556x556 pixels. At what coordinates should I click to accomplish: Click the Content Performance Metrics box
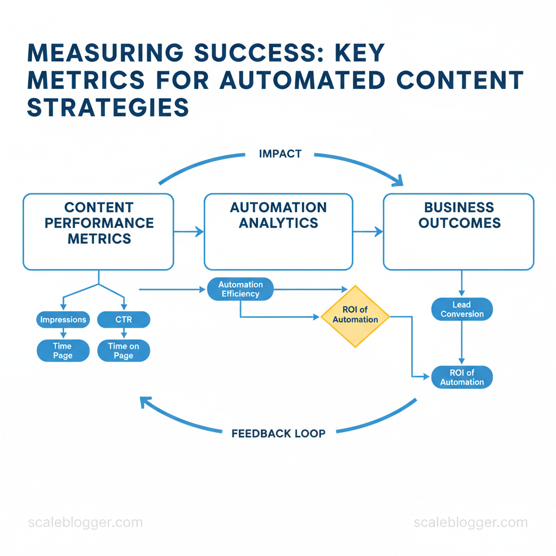coord(98,231)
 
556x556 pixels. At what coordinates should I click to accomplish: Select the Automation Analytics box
coord(278,231)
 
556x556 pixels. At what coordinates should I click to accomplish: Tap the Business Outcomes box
coord(459,231)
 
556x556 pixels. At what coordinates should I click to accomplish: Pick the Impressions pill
coord(63,320)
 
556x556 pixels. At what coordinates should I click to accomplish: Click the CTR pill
coord(124,320)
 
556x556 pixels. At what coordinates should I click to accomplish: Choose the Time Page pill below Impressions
coord(63,351)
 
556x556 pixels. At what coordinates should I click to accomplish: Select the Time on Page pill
coord(124,351)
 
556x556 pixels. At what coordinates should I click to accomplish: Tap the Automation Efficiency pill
coord(241,289)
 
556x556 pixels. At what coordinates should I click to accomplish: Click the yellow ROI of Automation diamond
coord(355,315)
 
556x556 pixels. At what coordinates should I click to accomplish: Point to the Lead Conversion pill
coord(462,309)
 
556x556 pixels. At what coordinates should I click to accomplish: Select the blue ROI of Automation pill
coord(462,377)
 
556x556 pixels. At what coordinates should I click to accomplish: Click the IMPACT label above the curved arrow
coord(280,154)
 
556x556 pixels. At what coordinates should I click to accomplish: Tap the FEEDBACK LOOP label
coord(279,433)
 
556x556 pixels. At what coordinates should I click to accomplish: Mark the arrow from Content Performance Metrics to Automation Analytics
coord(188,232)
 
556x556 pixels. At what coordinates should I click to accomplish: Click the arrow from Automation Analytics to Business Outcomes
coord(368,232)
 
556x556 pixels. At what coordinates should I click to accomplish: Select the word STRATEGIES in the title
coord(108,107)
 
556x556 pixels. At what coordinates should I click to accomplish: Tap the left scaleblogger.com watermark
coord(85,523)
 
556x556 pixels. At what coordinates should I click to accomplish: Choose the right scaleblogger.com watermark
coord(470,523)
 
